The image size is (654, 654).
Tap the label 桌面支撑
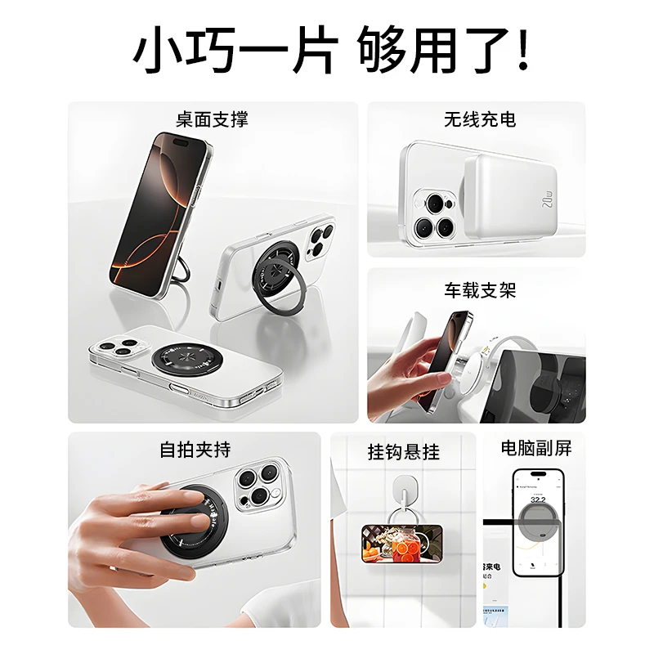(x=212, y=119)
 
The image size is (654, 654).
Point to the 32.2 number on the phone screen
(x=539, y=499)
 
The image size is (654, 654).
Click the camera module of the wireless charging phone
(x=436, y=213)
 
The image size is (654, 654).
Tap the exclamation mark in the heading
(x=524, y=51)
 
